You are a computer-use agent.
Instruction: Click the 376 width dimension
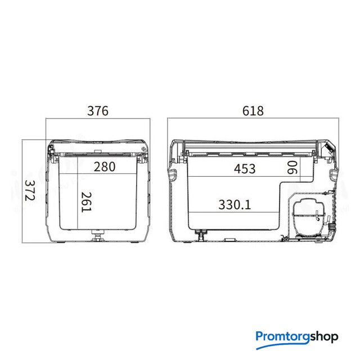(x=97, y=111)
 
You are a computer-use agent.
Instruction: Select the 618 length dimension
(x=253, y=111)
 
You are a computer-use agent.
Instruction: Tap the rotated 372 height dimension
(x=30, y=190)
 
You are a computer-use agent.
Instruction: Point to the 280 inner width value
(x=105, y=166)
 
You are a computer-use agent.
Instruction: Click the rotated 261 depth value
(x=86, y=202)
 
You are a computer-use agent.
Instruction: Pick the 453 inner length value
(x=245, y=169)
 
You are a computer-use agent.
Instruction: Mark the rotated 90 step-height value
(x=292, y=168)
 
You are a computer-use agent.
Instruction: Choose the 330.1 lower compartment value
(x=235, y=205)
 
